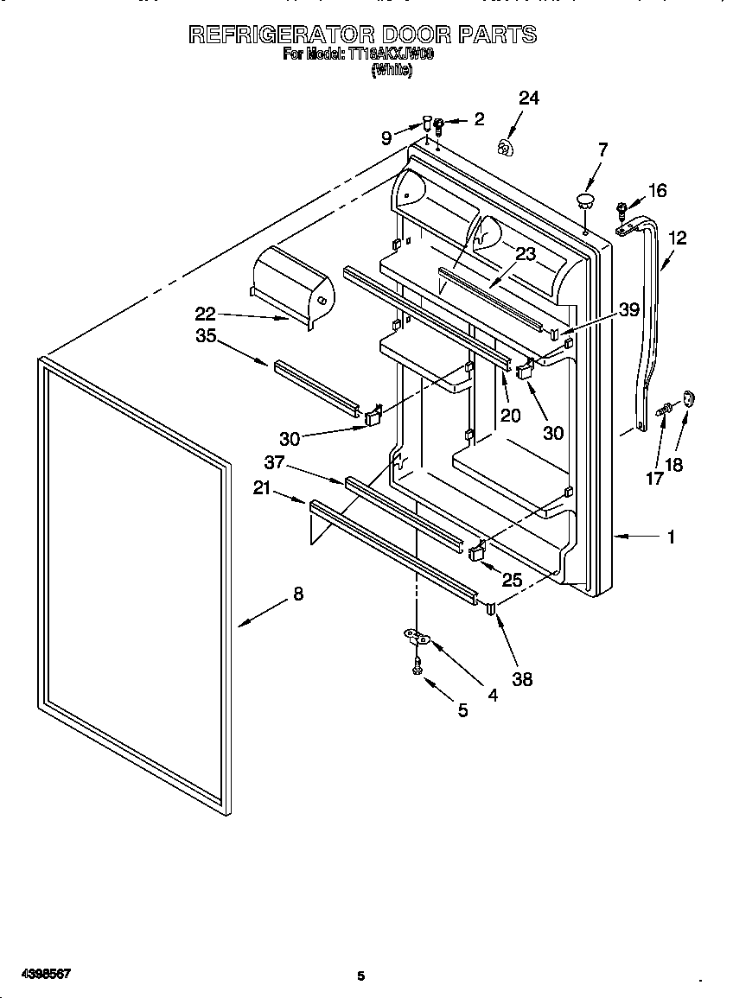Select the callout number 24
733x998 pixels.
[x=528, y=99]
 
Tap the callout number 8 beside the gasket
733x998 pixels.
[x=297, y=594]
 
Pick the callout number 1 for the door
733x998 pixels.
[x=671, y=537]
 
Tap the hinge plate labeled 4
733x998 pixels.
[x=417, y=639]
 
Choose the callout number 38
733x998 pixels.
[x=521, y=679]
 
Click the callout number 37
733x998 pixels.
[x=275, y=462]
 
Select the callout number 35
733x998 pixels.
[x=206, y=336]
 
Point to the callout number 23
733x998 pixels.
[x=526, y=254]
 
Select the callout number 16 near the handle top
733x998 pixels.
[x=657, y=191]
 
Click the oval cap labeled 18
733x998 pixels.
[x=688, y=397]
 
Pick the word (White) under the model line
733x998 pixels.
[x=392, y=71]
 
